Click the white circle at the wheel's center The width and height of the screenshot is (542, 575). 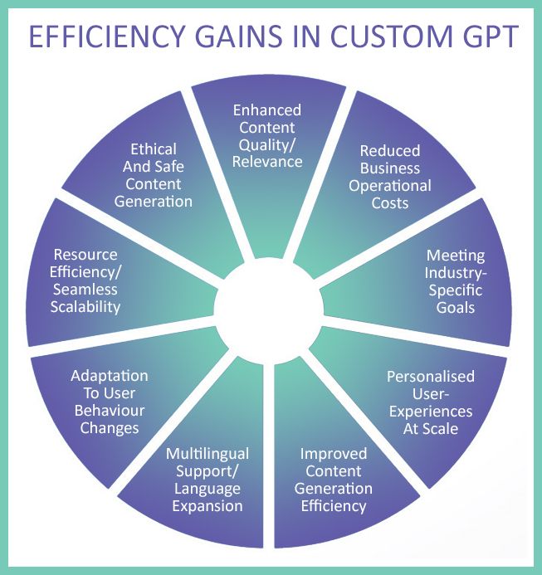click(x=269, y=310)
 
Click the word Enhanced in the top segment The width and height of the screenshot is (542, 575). click(x=267, y=110)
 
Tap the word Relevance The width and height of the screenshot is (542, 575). click(x=267, y=162)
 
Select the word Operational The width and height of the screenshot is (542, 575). click(x=390, y=187)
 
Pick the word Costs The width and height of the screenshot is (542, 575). click(x=390, y=202)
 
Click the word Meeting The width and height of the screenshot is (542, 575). click(x=456, y=256)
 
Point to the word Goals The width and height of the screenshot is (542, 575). click(x=456, y=307)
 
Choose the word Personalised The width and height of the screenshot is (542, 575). click(x=431, y=377)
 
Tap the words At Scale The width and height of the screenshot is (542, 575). click(x=431, y=429)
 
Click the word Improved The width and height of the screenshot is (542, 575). click(x=333, y=455)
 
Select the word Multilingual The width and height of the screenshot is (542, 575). click(x=208, y=455)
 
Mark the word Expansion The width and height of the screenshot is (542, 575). click(x=208, y=506)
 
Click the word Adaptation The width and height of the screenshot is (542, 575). click(x=110, y=376)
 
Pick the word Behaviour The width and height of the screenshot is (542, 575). click(x=110, y=411)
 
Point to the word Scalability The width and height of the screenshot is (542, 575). click(x=85, y=307)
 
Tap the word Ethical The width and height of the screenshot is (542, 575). click(x=154, y=149)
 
